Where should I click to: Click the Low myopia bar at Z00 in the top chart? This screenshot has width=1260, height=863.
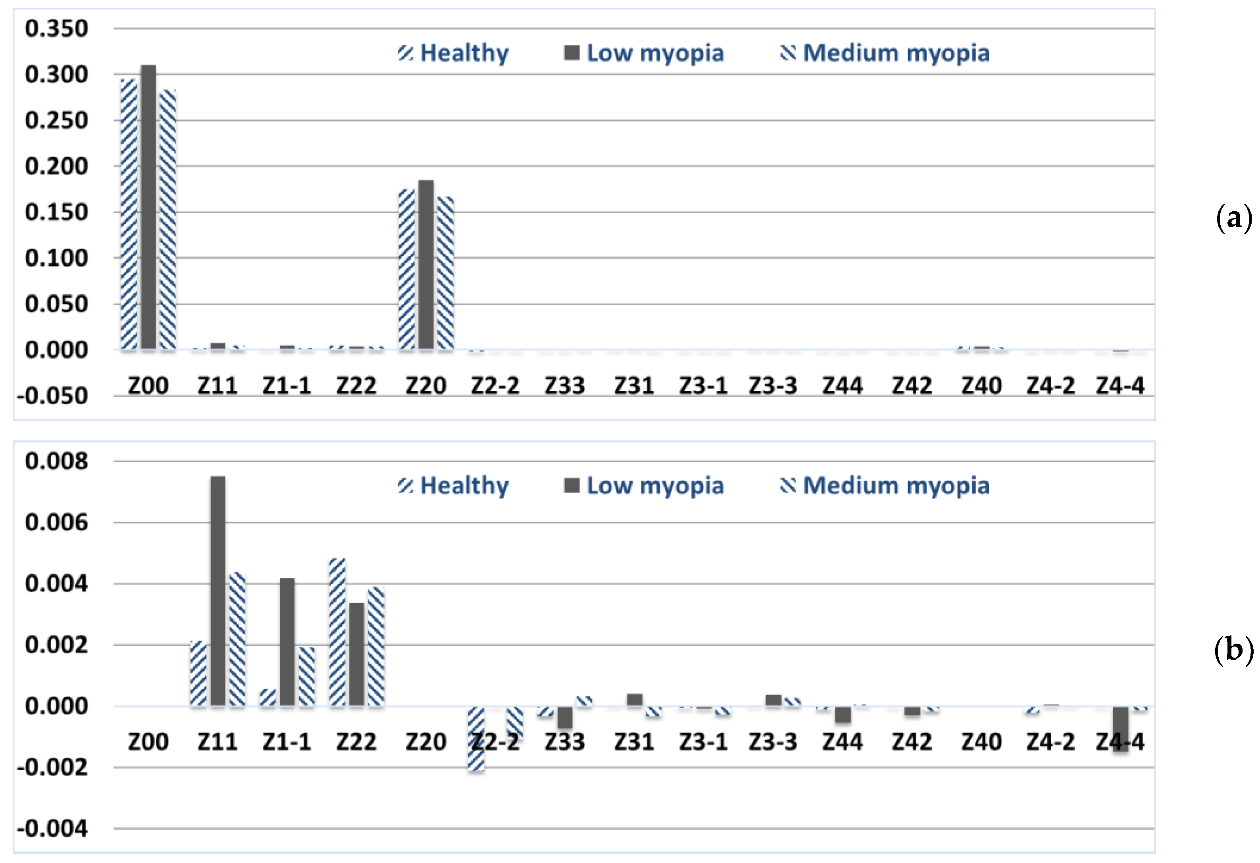148,206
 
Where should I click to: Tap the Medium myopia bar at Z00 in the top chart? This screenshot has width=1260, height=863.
167,219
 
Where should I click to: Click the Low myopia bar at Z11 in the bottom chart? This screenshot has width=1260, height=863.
218,591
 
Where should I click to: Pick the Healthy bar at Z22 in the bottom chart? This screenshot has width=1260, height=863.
337,632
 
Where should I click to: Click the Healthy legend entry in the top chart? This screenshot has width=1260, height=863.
453,53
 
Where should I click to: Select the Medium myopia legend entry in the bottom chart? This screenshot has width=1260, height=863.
885,485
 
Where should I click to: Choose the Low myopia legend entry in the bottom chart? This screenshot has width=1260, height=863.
644,485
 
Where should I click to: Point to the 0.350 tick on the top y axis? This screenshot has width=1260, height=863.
56,28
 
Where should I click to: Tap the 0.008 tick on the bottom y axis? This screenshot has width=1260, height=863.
56,461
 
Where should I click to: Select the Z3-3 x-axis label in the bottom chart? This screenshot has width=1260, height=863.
773,741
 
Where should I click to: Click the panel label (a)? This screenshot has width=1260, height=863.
1234,218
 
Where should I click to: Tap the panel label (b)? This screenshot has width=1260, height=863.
1234,649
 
